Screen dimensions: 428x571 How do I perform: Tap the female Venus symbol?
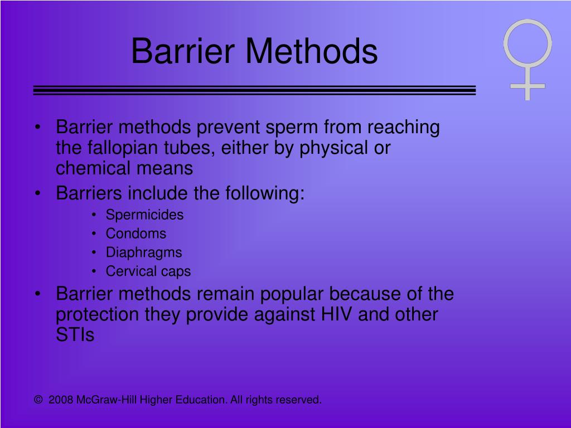(527, 59)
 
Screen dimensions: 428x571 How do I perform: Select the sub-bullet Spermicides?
(144, 215)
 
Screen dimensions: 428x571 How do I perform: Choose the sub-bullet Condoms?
(136, 234)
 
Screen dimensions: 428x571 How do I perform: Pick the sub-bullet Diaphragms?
(144, 252)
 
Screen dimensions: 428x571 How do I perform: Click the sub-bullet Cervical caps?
(148, 271)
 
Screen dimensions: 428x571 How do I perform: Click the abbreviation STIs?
(75, 335)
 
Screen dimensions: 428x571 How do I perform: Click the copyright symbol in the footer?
(38, 400)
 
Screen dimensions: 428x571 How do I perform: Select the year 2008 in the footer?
(61, 400)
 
